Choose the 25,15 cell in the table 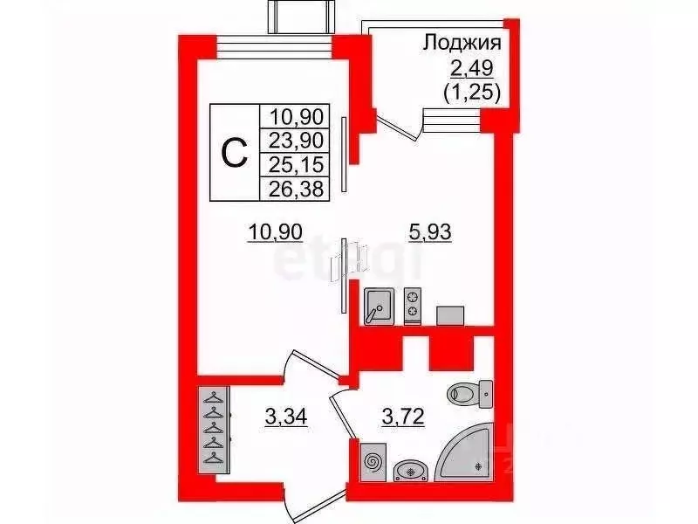click(297, 164)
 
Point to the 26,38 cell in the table click(297, 188)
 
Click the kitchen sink click(379, 306)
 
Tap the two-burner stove click(413, 306)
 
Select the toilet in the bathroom click(470, 396)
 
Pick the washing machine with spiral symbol click(373, 460)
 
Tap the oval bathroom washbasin click(409, 472)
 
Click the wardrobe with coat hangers click(213, 429)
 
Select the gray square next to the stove click(451, 314)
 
